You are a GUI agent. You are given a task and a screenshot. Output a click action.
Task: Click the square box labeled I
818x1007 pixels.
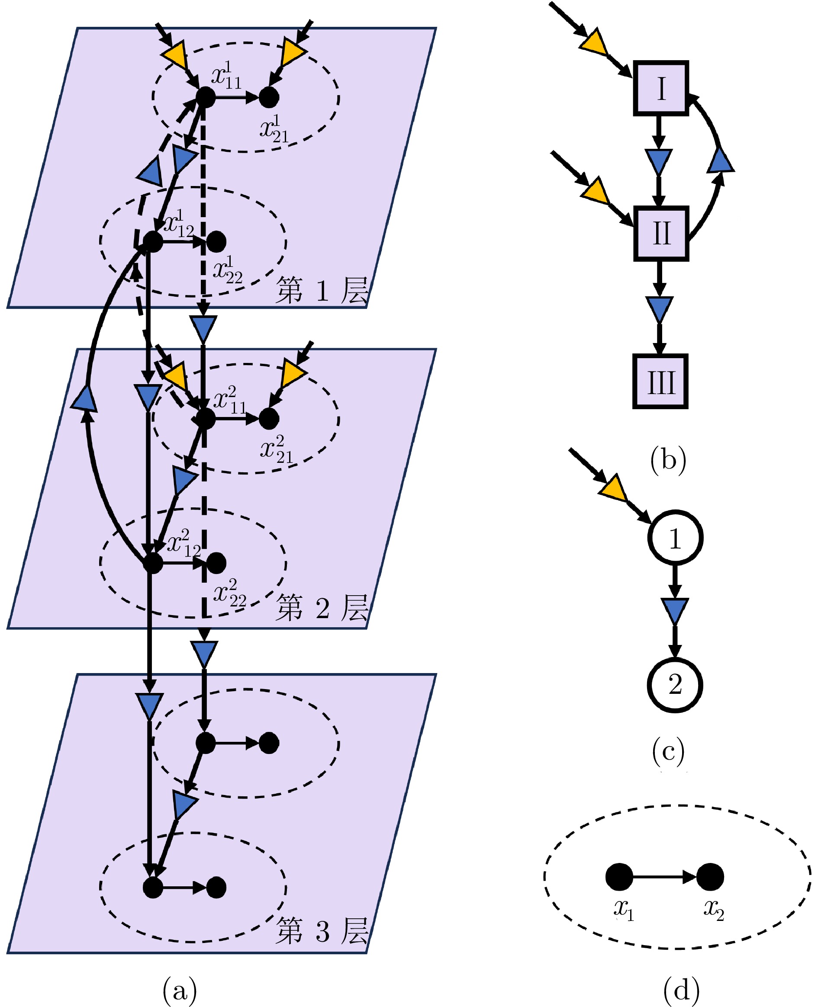point(660,88)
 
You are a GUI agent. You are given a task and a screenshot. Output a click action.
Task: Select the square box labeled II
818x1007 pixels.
point(660,233)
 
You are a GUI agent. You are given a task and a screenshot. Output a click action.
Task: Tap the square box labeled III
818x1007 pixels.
point(660,381)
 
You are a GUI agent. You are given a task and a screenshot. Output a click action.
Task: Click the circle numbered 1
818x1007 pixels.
point(675,538)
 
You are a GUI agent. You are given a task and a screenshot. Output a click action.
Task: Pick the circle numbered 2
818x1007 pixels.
point(675,685)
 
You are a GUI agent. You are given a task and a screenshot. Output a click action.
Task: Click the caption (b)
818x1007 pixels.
point(668,459)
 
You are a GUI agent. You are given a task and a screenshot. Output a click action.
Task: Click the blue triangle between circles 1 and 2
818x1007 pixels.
point(675,611)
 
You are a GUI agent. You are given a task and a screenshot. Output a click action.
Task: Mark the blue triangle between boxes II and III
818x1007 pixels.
point(660,308)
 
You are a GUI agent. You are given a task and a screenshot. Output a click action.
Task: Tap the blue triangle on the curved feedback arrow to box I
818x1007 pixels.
point(721,160)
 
